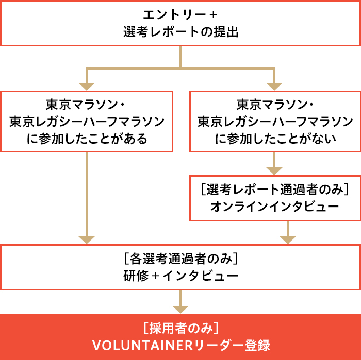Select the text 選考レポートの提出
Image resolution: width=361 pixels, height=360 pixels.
[180, 32]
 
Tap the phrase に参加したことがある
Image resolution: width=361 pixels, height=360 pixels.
[87, 139]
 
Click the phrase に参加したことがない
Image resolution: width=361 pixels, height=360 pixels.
[275, 139]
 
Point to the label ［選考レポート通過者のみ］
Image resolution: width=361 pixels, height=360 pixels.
[275, 190]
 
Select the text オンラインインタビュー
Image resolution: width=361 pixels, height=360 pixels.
[275, 207]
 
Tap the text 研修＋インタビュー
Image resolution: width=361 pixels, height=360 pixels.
[180, 276]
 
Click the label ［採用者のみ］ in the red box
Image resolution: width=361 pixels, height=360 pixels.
[180, 328]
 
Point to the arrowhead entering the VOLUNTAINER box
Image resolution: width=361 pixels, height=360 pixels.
[180, 309]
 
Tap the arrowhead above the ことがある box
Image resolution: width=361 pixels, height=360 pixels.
[87, 85]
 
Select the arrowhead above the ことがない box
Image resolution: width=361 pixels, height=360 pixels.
[275, 85]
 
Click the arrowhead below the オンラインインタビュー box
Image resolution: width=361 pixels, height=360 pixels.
[288, 239]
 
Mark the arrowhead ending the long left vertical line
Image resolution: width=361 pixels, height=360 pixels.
[87, 239]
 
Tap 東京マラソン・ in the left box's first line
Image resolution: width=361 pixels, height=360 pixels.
[87, 105]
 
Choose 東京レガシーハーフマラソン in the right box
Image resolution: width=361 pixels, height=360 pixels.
[275, 122]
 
